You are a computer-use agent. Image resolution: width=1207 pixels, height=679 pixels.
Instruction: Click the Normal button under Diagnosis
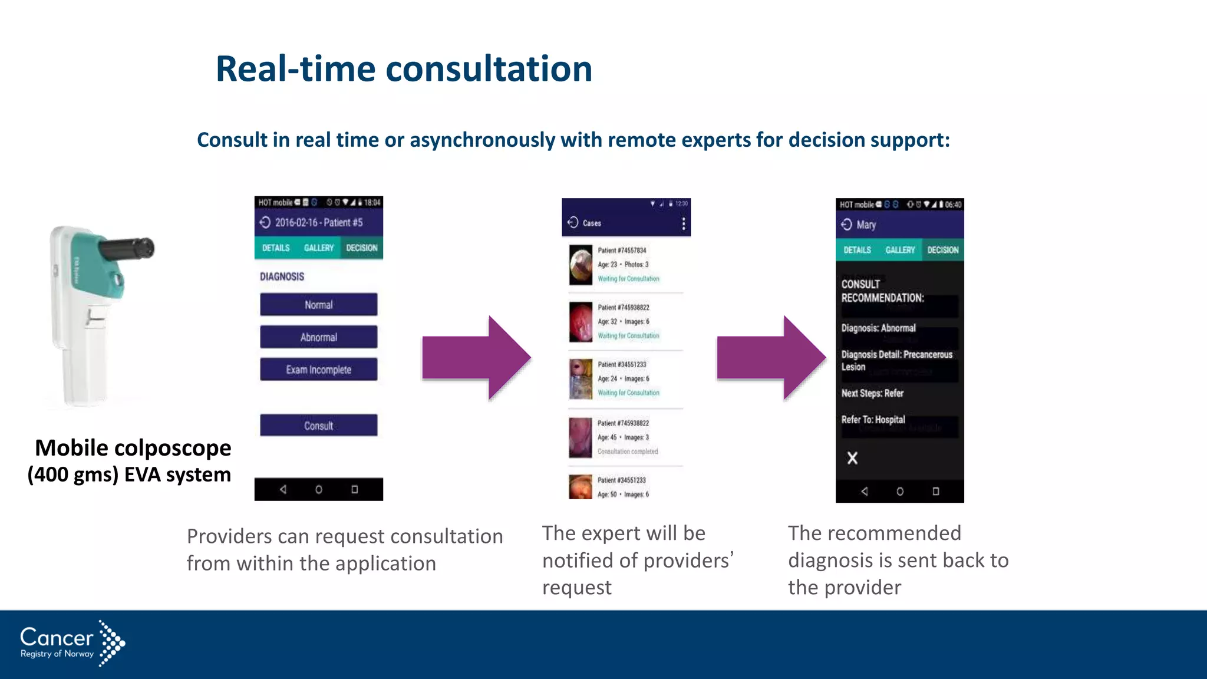318,305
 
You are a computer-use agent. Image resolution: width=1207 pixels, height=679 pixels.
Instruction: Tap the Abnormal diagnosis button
318,337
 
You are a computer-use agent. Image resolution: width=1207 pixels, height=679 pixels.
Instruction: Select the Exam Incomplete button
318,370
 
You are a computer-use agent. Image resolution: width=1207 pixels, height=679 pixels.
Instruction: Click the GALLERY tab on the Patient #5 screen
319,248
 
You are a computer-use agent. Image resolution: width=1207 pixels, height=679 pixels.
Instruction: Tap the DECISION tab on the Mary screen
942,250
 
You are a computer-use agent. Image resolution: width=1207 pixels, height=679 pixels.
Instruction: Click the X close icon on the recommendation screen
852,458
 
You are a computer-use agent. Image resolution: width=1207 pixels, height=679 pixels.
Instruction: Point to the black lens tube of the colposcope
127,249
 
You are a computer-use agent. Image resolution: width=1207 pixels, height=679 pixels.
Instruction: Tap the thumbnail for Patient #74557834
581,265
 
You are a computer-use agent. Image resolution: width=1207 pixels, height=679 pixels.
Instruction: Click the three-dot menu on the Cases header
683,223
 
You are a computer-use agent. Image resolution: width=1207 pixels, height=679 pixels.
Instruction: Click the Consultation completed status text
628,451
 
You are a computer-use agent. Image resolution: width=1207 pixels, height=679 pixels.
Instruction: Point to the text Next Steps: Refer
872,393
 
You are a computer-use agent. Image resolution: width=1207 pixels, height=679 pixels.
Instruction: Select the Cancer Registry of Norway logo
72,644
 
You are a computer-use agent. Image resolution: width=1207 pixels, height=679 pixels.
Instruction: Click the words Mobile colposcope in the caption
133,448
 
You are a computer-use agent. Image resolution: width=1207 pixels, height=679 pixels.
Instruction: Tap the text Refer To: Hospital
873,420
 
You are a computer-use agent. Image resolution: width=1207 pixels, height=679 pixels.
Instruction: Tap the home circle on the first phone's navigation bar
319,489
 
